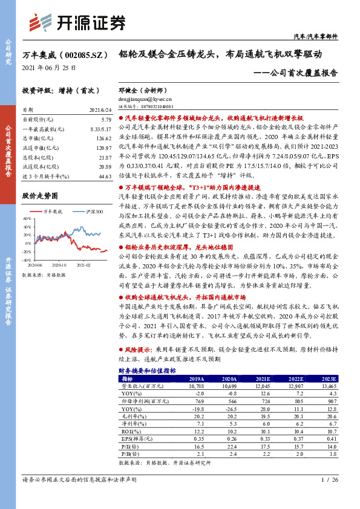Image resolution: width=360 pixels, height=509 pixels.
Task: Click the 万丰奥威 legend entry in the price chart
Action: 55,212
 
